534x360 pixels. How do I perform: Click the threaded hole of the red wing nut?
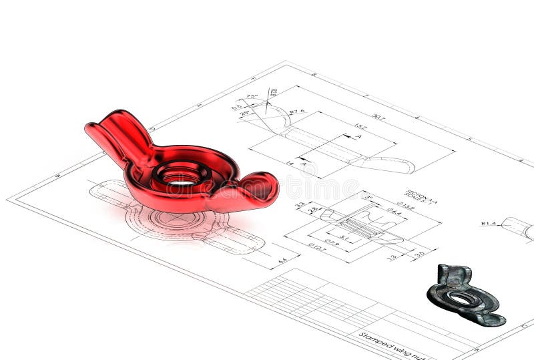(x=181, y=178)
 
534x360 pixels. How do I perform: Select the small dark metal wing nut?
(x=465, y=297)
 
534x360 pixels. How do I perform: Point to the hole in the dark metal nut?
(x=461, y=299)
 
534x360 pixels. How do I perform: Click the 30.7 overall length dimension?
(x=378, y=116)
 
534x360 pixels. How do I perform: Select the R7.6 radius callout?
(x=296, y=112)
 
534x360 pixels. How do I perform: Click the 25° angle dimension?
(x=245, y=114)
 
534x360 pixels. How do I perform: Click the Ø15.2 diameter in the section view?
(x=405, y=206)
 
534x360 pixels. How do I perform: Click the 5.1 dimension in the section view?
(x=344, y=237)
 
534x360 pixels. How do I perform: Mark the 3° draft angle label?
(x=367, y=198)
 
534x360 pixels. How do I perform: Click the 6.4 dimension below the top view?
(x=282, y=260)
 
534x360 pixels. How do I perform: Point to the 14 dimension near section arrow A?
(x=290, y=163)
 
